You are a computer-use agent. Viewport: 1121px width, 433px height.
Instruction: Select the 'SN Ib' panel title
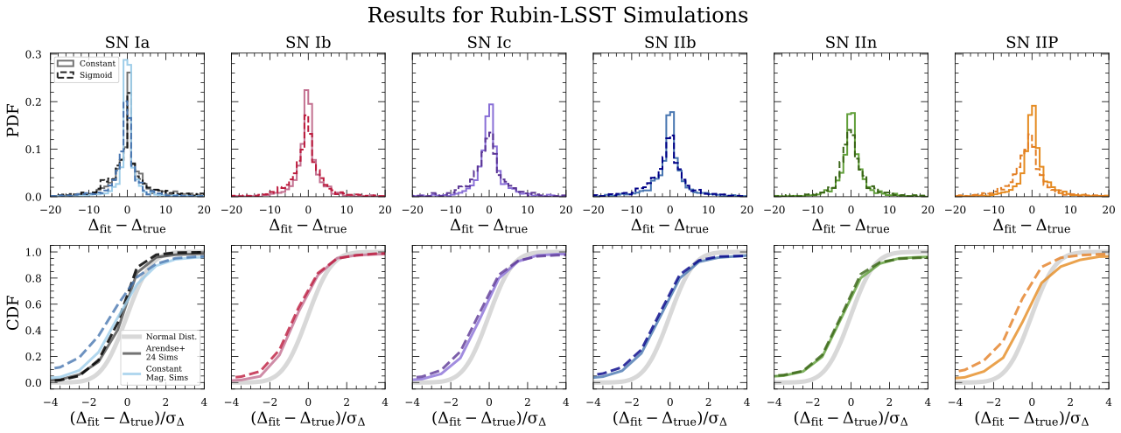pos(308,43)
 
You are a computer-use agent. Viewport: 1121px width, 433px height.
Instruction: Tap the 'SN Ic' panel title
pos(488,43)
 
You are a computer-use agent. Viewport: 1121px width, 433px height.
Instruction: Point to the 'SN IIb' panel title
pos(669,43)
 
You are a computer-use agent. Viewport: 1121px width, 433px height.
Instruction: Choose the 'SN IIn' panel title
pos(851,43)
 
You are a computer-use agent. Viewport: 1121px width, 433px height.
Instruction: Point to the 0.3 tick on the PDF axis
pos(35,54)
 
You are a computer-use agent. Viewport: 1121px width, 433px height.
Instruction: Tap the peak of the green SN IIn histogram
pos(851,113)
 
